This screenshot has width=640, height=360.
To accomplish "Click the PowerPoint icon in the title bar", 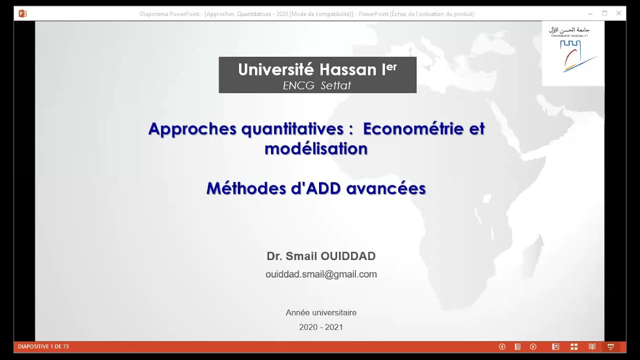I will click(x=22, y=13).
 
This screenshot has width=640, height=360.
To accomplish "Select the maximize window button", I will click(x=604, y=13).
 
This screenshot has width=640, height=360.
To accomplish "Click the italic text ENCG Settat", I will click(x=317, y=85).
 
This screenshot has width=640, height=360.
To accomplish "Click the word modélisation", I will click(x=316, y=148).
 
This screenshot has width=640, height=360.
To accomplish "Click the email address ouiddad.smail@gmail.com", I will click(x=321, y=274).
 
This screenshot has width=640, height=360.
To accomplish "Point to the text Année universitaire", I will click(x=321, y=312).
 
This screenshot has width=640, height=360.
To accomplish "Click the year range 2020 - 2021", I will click(x=321, y=327).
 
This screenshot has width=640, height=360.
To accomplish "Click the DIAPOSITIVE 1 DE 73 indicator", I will click(x=43, y=346).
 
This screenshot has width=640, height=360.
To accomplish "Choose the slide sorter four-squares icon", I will click(x=574, y=346).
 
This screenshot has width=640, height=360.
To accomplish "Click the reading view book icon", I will click(x=592, y=346).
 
